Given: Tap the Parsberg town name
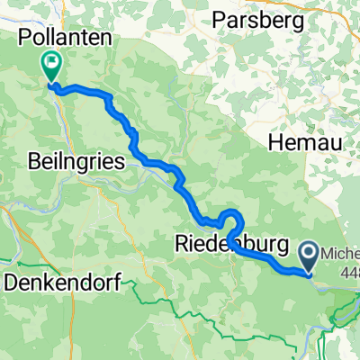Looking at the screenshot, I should coord(257,19).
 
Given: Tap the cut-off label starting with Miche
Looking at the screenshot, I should coord(340,251).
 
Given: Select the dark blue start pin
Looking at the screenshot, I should coord(310,256).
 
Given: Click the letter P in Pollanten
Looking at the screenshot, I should coord(24,37).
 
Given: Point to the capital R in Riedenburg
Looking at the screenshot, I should coord(177,244).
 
